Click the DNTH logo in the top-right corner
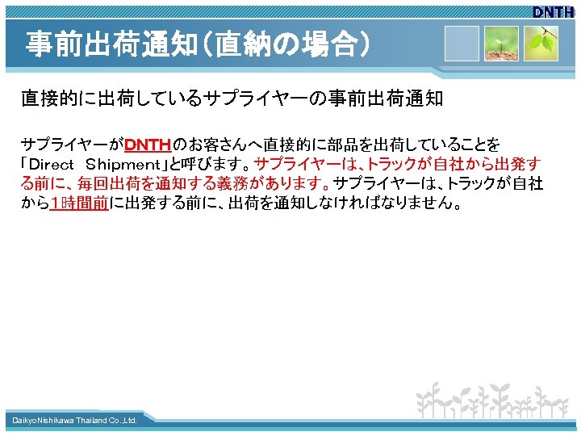(553, 12)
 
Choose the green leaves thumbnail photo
(541, 44)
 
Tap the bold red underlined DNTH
(148, 145)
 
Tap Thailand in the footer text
(92, 421)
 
